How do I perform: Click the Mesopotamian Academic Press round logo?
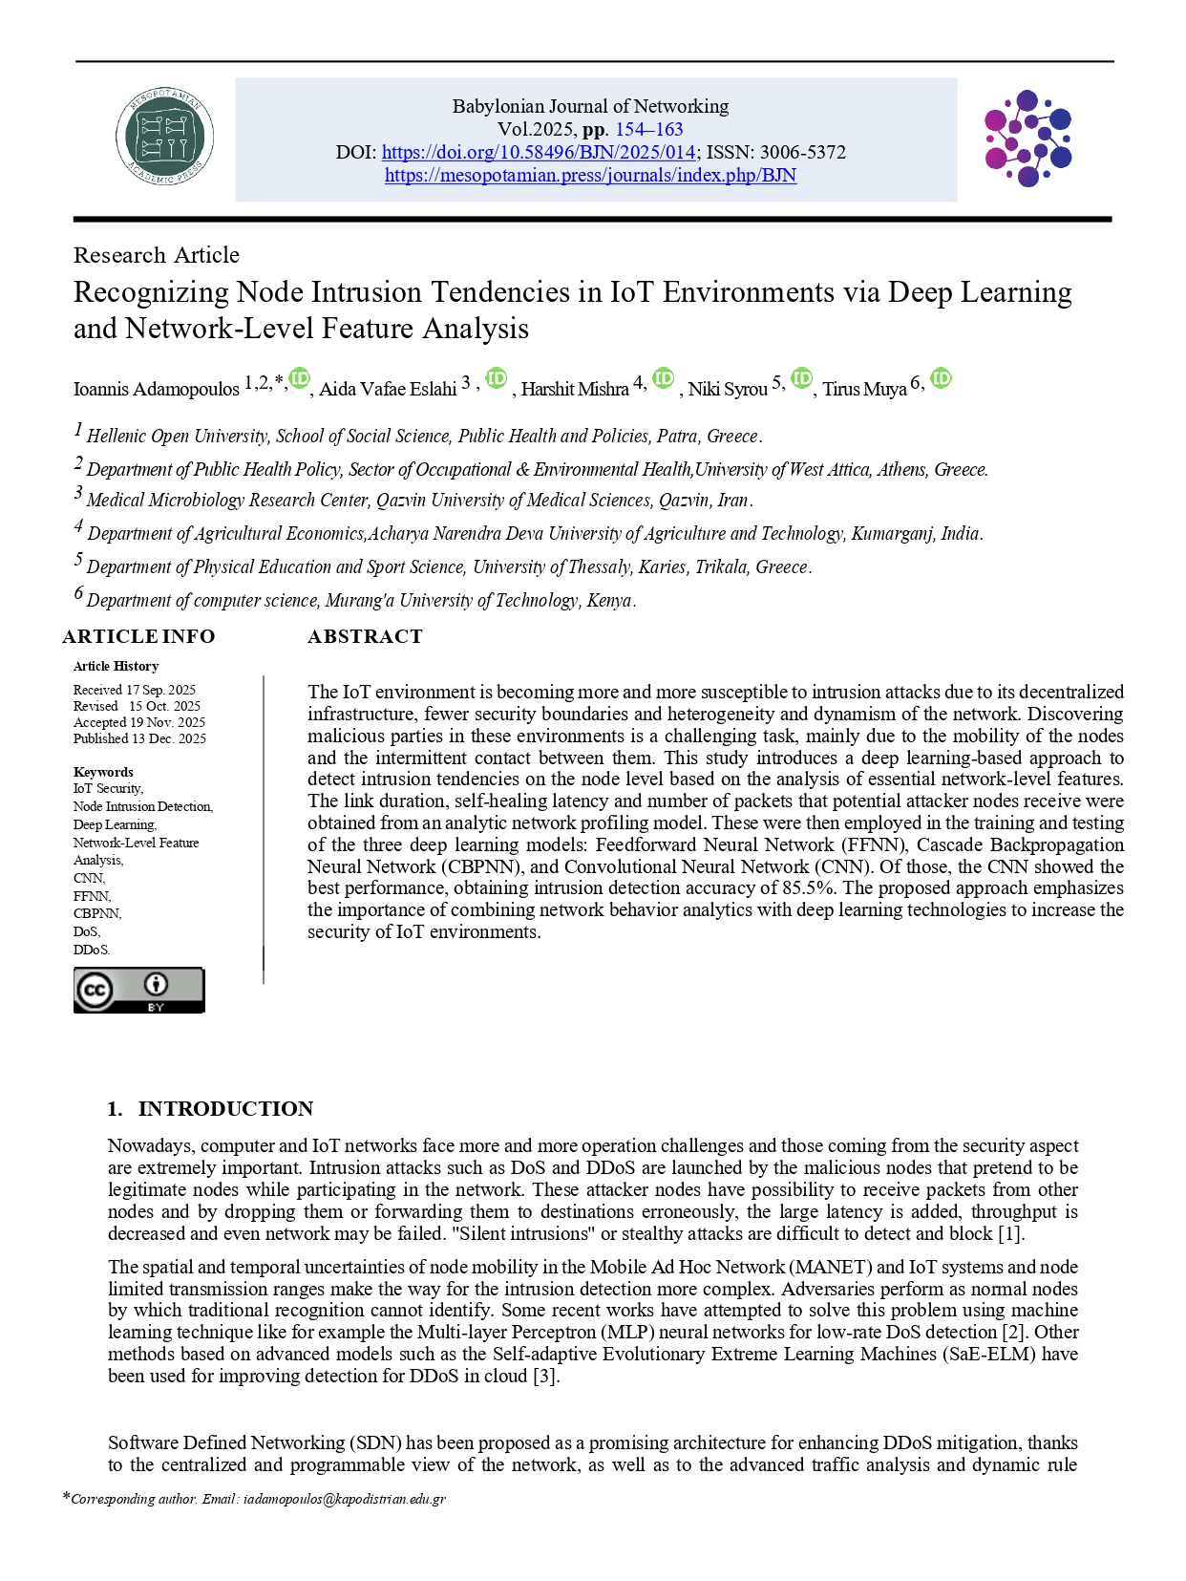click(164, 138)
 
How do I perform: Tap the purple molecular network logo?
click(1027, 139)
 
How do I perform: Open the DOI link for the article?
click(539, 152)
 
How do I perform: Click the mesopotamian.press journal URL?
click(590, 175)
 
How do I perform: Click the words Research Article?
click(157, 255)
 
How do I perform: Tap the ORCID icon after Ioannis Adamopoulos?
click(300, 378)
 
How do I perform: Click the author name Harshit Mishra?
click(575, 389)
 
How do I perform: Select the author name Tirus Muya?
click(864, 389)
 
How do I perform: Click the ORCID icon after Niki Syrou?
click(801, 378)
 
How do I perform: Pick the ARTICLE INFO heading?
click(138, 636)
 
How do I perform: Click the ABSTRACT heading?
click(365, 636)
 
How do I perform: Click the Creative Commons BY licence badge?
click(138, 990)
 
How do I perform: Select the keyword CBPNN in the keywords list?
click(96, 913)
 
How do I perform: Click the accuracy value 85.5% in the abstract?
click(808, 887)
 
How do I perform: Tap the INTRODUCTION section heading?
click(225, 1108)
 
